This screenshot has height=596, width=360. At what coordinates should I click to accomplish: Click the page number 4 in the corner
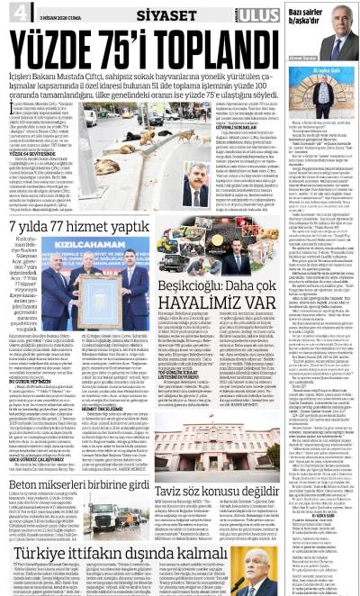point(16,11)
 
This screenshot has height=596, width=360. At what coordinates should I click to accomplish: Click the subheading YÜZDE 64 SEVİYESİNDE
point(34,154)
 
